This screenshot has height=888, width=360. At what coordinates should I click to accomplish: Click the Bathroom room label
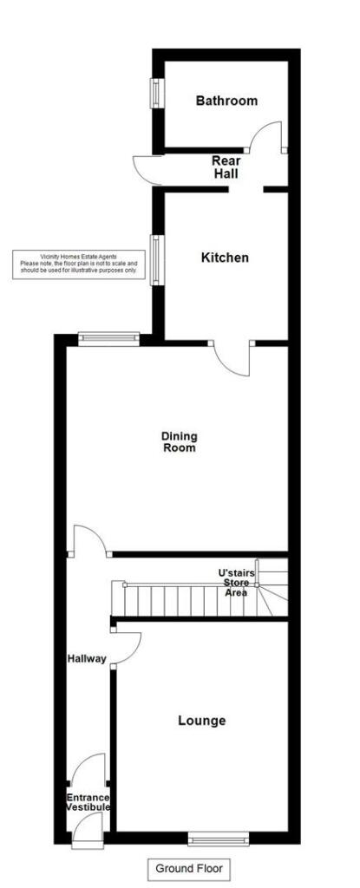226,101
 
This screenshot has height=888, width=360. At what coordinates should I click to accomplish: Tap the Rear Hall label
226,167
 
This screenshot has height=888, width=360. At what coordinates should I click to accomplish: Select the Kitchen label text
225,258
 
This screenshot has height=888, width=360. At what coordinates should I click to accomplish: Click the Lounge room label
201,721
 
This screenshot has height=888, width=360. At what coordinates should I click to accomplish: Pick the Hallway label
87,659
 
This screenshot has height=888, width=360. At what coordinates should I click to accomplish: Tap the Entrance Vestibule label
88,801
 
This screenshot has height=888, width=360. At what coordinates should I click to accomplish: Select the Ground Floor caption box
188,868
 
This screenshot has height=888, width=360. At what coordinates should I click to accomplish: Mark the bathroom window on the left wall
157,94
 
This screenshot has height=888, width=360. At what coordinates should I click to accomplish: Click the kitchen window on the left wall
157,258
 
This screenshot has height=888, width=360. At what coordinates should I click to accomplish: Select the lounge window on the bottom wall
219,838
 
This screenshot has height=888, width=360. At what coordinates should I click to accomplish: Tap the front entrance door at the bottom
87,829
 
